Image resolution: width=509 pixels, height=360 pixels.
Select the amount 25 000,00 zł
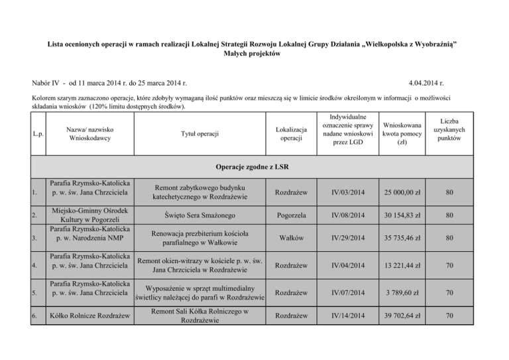[402, 194]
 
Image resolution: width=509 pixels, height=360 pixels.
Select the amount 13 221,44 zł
[402, 265]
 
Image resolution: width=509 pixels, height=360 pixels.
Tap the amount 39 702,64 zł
[402, 316]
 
